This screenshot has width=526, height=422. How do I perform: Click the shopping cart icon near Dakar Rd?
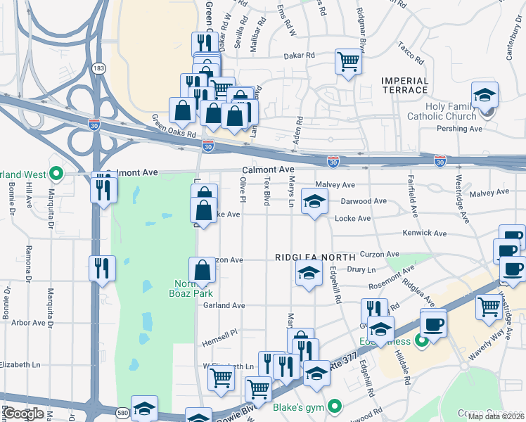tap(348, 62)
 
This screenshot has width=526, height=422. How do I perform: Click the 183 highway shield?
tap(98, 68)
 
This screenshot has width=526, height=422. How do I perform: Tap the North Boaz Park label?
tap(193, 289)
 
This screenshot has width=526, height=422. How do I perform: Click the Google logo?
tap(23, 414)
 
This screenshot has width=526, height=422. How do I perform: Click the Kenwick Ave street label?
tap(425, 233)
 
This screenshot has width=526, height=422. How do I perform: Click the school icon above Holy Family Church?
tap(485, 95)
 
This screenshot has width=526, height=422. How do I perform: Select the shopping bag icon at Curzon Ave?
tap(202, 270)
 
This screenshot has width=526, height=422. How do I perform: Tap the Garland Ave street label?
tap(224, 306)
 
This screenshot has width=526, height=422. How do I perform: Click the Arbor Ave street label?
tap(29, 323)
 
